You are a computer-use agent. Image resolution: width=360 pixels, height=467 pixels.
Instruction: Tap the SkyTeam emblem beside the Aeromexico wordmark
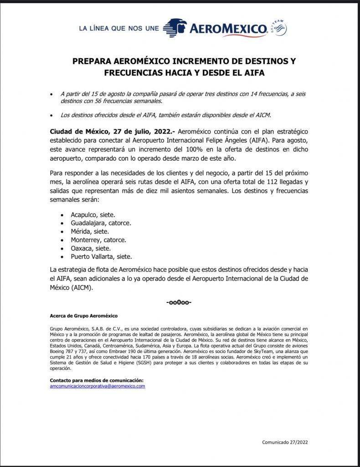[278, 28]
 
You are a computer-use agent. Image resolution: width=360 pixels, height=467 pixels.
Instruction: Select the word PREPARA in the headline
[91, 61]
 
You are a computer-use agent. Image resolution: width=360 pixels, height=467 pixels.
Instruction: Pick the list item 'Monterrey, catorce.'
[98, 239]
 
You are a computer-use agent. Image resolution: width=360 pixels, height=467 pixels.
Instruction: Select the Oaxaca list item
[90, 248]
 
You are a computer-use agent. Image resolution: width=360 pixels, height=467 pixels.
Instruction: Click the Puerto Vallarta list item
[101, 257]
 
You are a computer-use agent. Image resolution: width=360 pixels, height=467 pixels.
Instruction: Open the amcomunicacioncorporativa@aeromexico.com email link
[98, 386]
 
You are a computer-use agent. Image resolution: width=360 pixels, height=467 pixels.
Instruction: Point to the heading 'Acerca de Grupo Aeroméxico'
[83, 316]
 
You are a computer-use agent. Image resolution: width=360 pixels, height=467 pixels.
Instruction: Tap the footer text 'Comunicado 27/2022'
[288, 442]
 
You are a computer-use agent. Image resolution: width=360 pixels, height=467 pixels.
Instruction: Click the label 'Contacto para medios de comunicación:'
[96, 380]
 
